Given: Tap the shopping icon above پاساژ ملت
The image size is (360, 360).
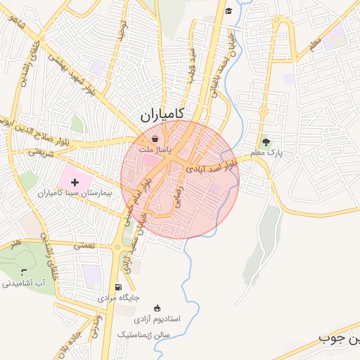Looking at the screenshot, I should pos(154,139).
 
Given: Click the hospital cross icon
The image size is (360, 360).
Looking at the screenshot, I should pos(75,182).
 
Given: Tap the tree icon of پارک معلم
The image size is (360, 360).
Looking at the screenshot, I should pos(265,141).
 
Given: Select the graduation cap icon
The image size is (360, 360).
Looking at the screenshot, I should pos(229,11).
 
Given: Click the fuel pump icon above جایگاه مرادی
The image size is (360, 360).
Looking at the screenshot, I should pos(117,287).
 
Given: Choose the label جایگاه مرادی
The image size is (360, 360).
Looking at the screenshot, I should pos(114,298).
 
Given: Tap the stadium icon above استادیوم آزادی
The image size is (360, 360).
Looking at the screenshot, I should pos(156,308).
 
